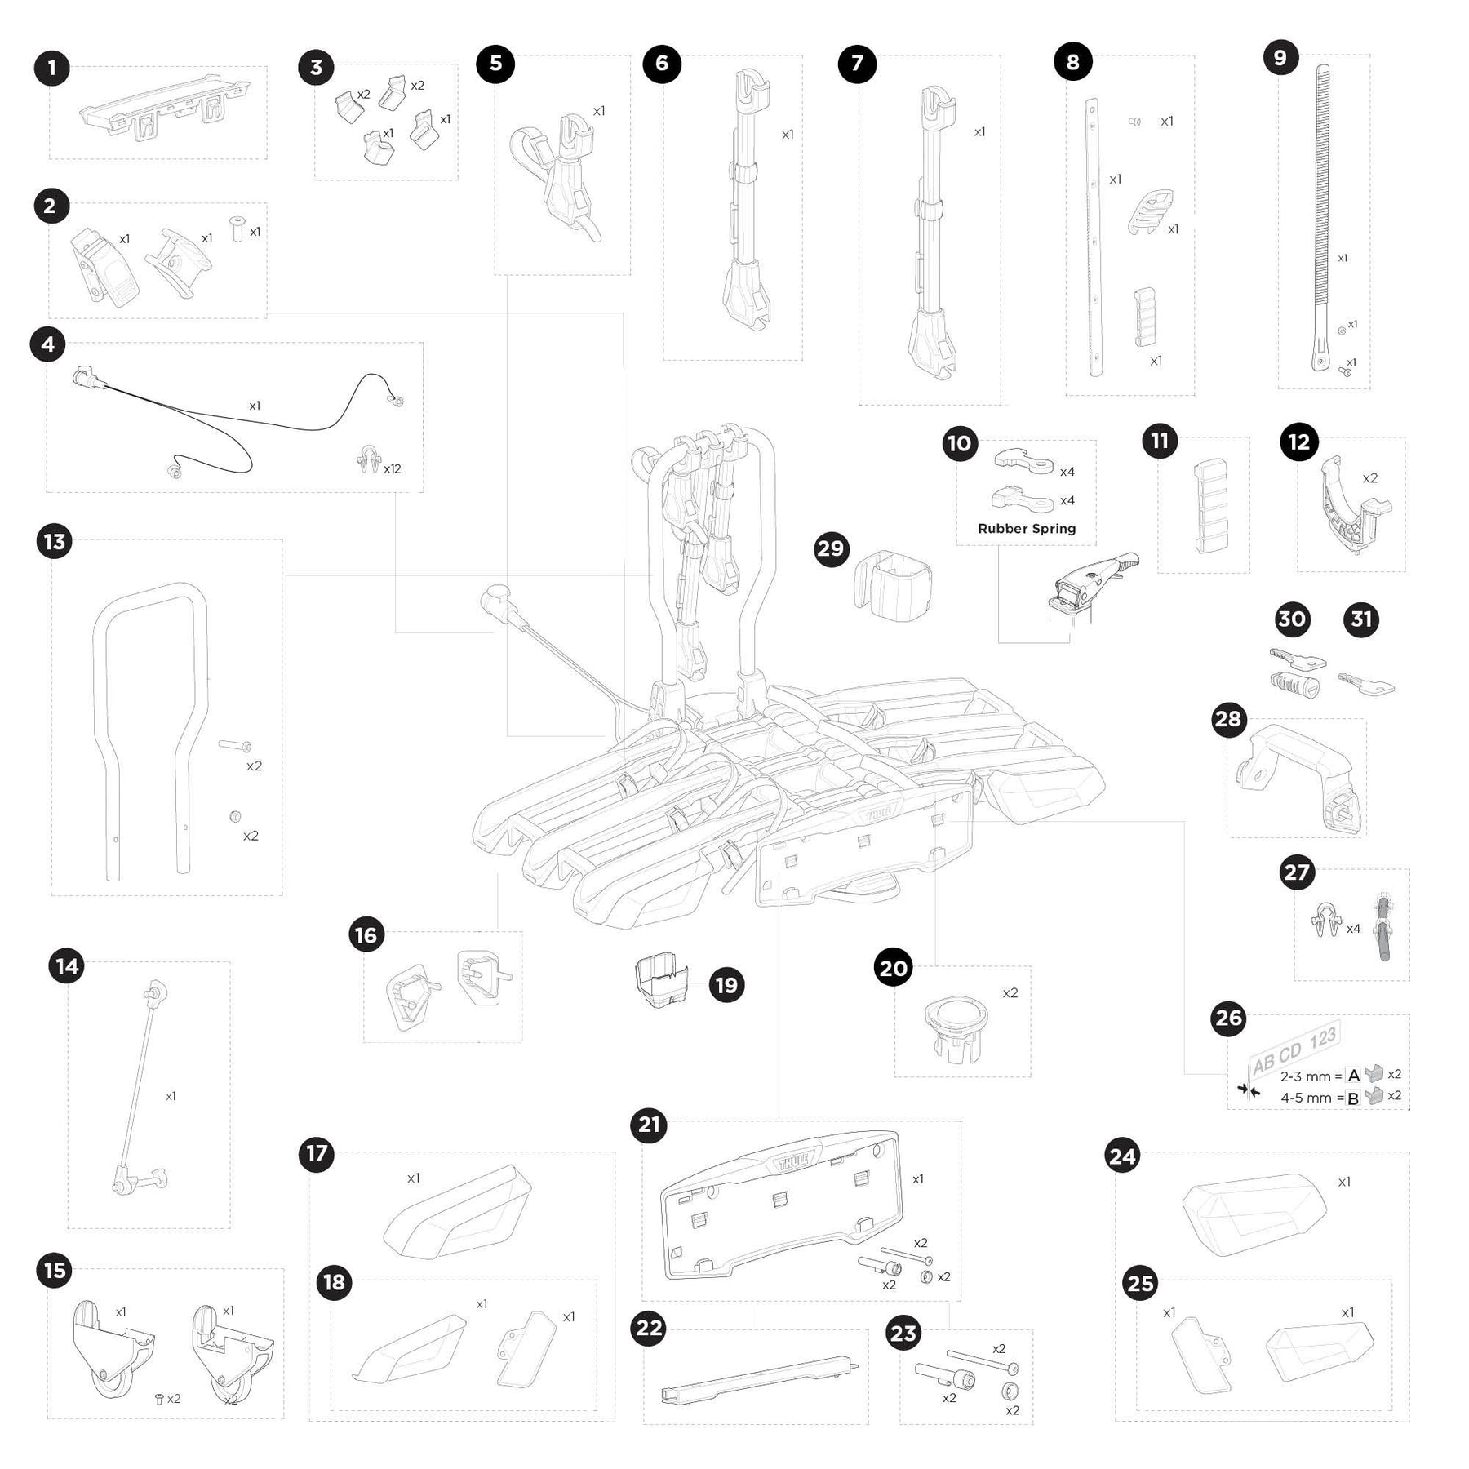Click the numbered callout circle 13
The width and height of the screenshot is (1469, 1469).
(x=55, y=542)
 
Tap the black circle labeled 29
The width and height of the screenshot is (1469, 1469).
(x=831, y=548)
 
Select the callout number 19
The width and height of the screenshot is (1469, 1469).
(x=726, y=985)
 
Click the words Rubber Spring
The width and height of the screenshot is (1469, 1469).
(x=1027, y=529)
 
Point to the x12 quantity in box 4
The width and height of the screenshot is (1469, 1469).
(x=393, y=468)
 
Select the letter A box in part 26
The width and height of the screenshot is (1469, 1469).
(x=1353, y=1075)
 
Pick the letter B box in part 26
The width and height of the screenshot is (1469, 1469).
(x=1353, y=1098)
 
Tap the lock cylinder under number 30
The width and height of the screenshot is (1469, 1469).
(x=1294, y=684)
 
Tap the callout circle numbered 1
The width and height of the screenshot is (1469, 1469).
(x=52, y=68)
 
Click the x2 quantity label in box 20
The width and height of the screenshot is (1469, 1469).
(x=1010, y=993)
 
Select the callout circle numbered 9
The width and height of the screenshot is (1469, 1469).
(x=1280, y=57)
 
